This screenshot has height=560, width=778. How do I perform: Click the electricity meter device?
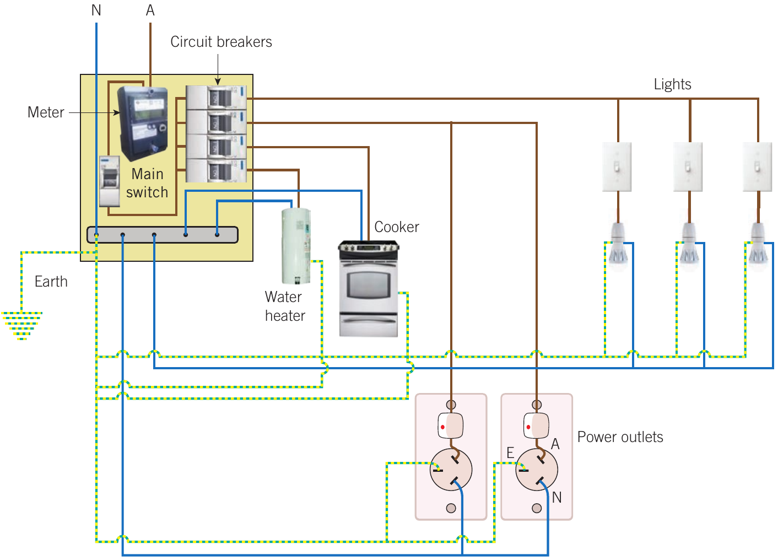(x=143, y=123)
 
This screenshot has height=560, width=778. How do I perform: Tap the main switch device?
(x=110, y=181)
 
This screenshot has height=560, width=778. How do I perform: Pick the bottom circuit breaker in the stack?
(x=217, y=170)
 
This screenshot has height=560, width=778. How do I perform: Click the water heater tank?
(x=296, y=246)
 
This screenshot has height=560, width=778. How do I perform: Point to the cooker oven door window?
(x=368, y=284)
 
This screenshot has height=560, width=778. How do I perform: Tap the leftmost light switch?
(x=617, y=167)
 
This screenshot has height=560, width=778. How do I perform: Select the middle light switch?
(x=688, y=167)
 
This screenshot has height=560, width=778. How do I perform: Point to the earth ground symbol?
(x=21, y=326)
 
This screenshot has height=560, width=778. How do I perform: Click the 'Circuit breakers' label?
(x=221, y=42)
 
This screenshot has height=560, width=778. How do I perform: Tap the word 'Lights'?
(x=672, y=84)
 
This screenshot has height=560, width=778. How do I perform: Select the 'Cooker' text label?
(x=397, y=227)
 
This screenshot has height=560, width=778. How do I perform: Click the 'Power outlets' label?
(x=620, y=437)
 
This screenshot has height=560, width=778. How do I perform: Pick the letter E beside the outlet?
(x=510, y=453)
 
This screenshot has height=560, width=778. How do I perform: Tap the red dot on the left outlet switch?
(x=442, y=427)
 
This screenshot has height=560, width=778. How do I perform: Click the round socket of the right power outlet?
(x=537, y=470)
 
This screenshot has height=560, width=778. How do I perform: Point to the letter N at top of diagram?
(x=96, y=10)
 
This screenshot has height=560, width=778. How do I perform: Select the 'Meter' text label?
(x=46, y=112)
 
